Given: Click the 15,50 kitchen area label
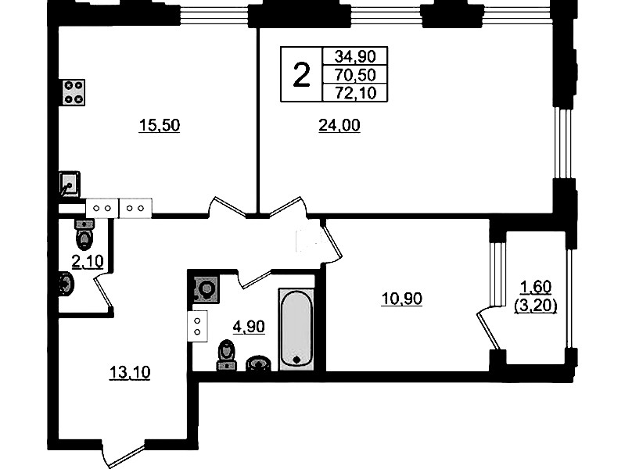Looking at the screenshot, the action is pos(160,125).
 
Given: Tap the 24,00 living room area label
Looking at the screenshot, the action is pos(339,125).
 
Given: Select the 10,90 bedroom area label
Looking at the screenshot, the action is pos(402,298).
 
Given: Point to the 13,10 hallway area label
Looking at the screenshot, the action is pos(130,372).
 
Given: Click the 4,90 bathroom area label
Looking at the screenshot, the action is pos(249,327).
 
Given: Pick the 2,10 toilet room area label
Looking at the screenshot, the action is pos(88,261).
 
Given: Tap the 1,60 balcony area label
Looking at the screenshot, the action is pos(536,287).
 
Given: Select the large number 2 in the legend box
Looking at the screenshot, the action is pos(301,75).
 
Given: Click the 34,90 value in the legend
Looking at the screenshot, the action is pos(355,56).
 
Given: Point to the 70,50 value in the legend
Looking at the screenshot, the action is pos(355,75).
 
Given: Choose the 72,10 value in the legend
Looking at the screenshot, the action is pos(355,93).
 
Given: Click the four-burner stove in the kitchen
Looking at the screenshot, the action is pos(74,92).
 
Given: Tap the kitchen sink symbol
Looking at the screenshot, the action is pos(70,184).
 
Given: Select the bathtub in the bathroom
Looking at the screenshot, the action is pos(296,329).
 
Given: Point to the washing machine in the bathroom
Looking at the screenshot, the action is pos(206,288).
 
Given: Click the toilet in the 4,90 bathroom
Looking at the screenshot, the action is pos(226,355).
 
